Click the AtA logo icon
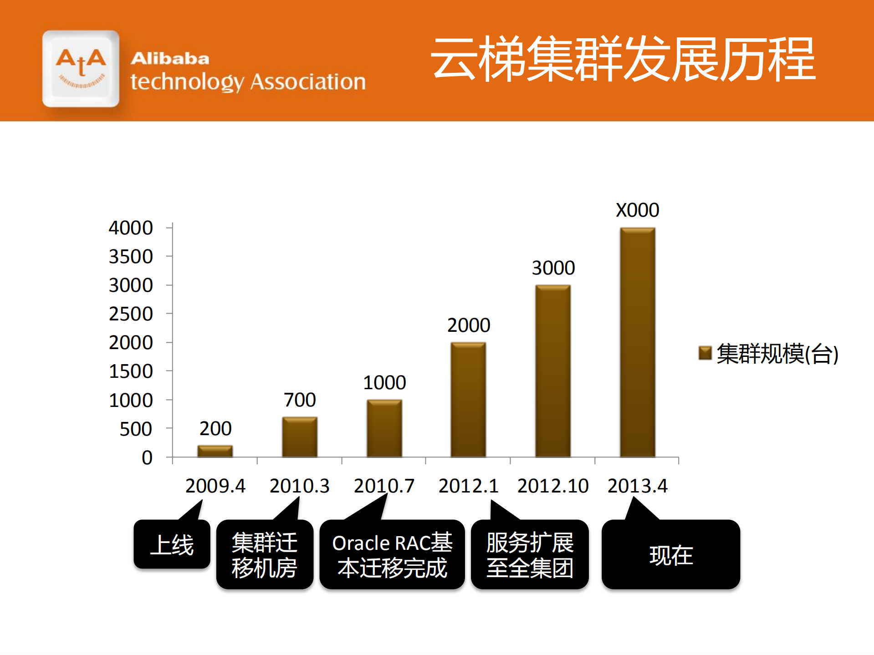pyautogui.click(x=81, y=69)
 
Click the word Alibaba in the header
pyautogui.click(x=170, y=59)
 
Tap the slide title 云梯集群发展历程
pyautogui.click(x=622, y=60)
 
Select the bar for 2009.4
pyautogui.click(x=215, y=451)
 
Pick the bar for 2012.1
pyautogui.click(x=468, y=400)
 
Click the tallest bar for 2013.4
pyautogui.click(x=637, y=342)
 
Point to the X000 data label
pyautogui.click(x=637, y=210)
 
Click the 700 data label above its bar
pyautogui.click(x=300, y=400)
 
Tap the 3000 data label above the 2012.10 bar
pyautogui.click(x=553, y=268)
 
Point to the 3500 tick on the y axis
pyautogui.click(x=131, y=257)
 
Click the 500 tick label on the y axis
pyautogui.click(x=136, y=429)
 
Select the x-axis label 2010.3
pyautogui.click(x=299, y=486)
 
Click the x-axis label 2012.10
pyautogui.click(x=552, y=486)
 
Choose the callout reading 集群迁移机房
pyautogui.click(x=265, y=555)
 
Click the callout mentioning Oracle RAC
pyautogui.click(x=392, y=555)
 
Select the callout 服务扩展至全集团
pyautogui.click(x=530, y=555)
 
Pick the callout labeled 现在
pyautogui.click(x=671, y=555)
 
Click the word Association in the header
pyautogui.click(x=308, y=82)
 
